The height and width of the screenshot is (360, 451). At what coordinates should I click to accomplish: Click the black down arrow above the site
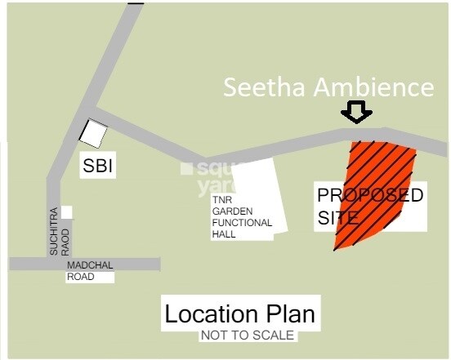[x=357, y=112]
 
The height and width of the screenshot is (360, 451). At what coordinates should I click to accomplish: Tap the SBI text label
[x=97, y=167]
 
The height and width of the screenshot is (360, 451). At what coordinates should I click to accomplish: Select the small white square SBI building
[x=93, y=132]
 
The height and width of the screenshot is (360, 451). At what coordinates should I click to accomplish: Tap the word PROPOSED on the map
[x=370, y=196]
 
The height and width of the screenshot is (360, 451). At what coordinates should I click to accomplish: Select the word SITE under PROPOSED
[x=337, y=218]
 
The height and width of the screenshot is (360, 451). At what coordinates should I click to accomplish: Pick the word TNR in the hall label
[x=222, y=198]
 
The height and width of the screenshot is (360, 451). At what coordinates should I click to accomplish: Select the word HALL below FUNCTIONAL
[x=225, y=233]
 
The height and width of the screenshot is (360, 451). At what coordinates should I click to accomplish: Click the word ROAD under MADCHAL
[x=81, y=277]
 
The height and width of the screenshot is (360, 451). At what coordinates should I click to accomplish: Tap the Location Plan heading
[x=239, y=314]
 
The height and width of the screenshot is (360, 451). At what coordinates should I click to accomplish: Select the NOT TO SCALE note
[x=247, y=336]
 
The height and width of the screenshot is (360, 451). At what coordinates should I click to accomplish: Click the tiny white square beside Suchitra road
[x=66, y=212]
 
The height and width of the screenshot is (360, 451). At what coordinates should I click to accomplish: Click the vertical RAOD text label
[x=66, y=241]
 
